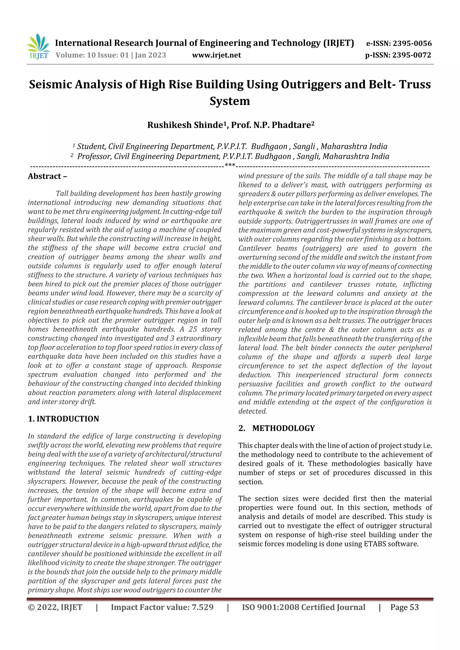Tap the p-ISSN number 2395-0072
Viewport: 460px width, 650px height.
tap(411, 55)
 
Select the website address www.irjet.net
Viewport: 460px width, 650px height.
tap(216, 55)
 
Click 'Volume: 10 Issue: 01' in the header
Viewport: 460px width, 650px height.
tap(92, 55)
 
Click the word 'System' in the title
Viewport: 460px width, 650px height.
tap(230, 101)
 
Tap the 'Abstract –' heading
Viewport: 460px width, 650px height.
tap(47, 176)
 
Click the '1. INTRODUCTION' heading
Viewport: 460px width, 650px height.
tap(64, 419)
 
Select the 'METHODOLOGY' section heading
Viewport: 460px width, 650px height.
tap(283, 428)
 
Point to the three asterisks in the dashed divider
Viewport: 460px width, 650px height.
tap(230, 165)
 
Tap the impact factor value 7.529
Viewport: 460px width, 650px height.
tap(202, 607)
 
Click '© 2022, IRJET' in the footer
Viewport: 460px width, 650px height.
tap(55, 607)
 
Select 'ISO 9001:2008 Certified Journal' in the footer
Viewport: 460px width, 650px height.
tap(303, 607)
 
